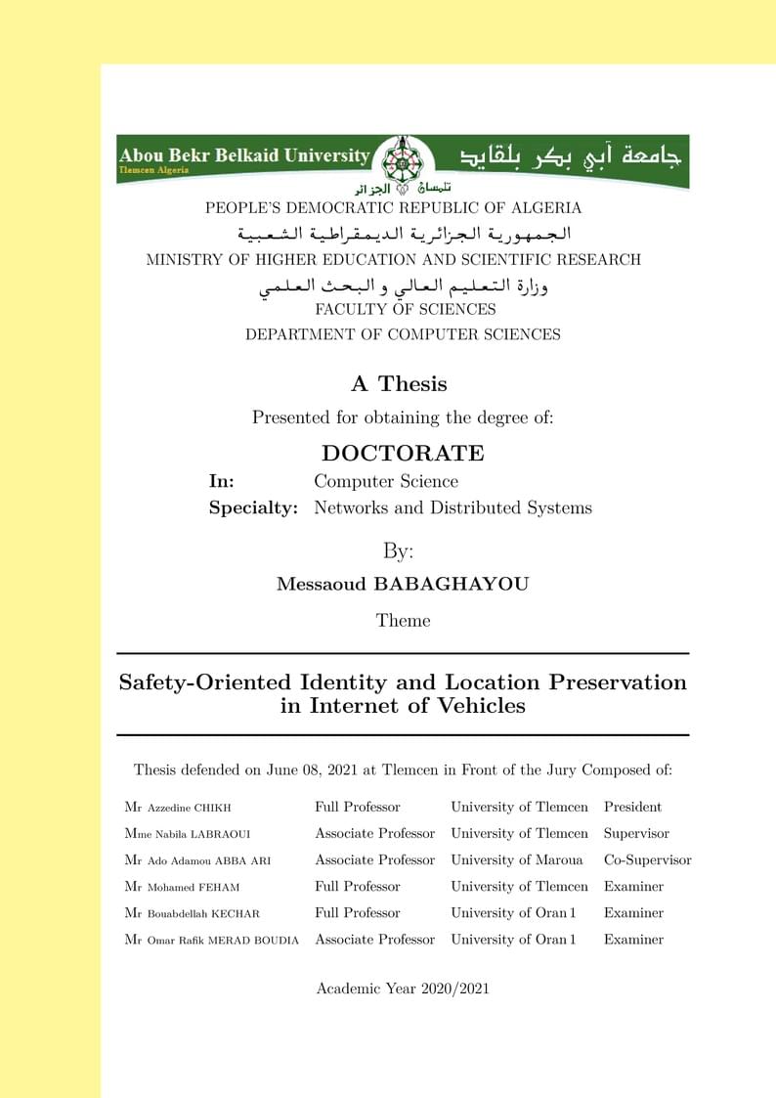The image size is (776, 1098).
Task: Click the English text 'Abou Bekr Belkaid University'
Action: pyautogui.click(x=244, y=155)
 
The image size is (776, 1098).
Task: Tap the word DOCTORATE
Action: pyautogui.click(x=403, y=454)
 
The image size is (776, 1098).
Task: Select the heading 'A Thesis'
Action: pyautogui.click(x=399, y=383)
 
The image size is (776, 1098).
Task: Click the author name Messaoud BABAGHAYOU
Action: pyautogui.click(x=403, y=585)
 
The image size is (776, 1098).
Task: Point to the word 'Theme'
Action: pyautogui.click(x=403, y=620)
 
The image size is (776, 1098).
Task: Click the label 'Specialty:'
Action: pyautogui.click(x=253, y=508)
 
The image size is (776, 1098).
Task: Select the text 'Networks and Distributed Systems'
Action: pyautogui.click(x=453, y=508)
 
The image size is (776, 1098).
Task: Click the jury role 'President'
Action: pyautogui.click(x=632, y=807)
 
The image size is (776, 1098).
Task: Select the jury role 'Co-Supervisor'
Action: pyautogui.click(x=647, y=860)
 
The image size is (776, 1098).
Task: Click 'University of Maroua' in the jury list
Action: pyautogui.click(x=516, y=860)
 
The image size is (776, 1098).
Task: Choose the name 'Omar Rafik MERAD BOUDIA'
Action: pyautogui.click(x=223, y=940)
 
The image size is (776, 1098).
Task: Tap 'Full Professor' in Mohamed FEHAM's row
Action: pyautogui.click(x=357, y=887)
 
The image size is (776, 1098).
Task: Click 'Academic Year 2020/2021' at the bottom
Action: pyautogui.click(x=403, y=988)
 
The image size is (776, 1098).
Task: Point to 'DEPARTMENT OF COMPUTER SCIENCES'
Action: pyautogui.click(x=403, y=334)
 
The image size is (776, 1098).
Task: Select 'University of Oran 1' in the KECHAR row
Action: pyautogui.click(x=513, y=913)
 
